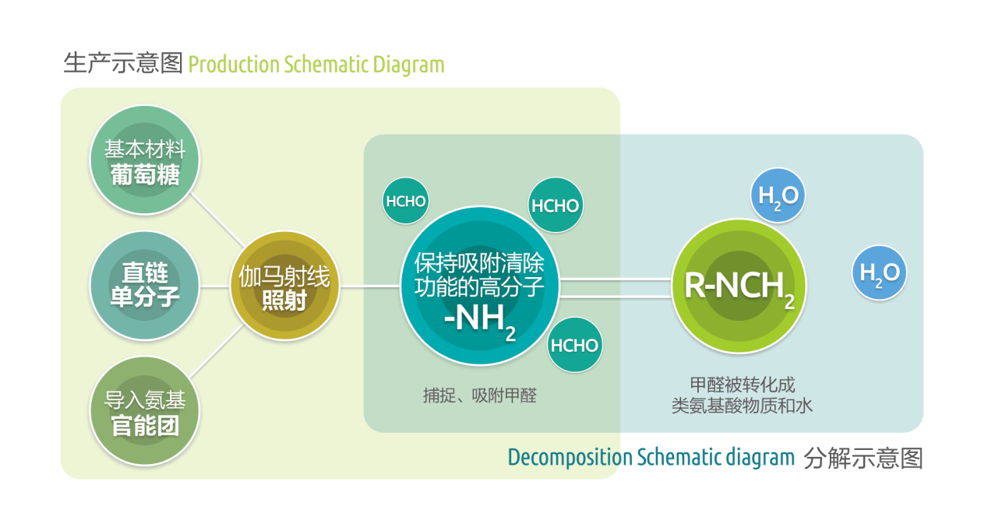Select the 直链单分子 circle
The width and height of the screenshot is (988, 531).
pyautogui.click(x=145, y=285)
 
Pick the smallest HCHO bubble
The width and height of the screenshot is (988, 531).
pyautogui.click(x=405, y=201)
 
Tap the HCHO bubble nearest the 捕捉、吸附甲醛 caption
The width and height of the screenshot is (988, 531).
pyautogui.click(x=575, y=346)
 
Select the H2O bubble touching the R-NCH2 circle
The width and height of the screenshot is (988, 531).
pyautogui.click(x=778, y=195)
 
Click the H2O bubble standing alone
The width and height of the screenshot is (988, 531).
pyautogui.click(x=879, y=273)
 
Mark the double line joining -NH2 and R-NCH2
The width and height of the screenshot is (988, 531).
pyautogui.click(x=616, y=287)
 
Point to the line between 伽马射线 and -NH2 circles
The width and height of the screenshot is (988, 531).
pyautogui.click(x=369, y=287)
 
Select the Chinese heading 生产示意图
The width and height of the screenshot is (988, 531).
pyautogui.click(x=122, y=64)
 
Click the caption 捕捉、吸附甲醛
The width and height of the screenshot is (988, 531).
pyautogui.click(x=479, y=396)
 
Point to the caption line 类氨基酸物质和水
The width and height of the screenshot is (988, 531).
pyautogui.click(x=742, y=406)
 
